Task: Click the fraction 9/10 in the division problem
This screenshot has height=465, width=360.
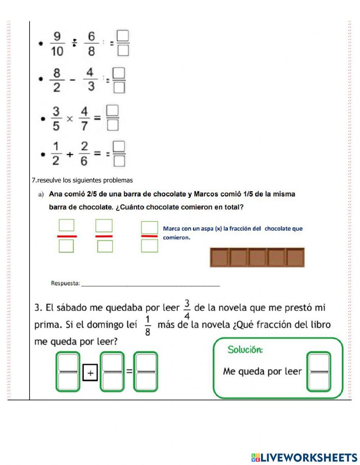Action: (x=57, y=44)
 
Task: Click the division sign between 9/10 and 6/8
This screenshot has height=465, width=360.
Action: (x=74, y=44)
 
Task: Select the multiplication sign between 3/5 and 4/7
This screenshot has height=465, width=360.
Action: (x=69, y=118)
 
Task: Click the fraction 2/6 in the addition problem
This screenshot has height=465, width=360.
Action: (x=84, y=154)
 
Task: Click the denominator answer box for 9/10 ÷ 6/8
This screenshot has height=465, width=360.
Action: (x=123, y=50)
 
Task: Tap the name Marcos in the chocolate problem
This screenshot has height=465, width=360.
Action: (x=206, y=194)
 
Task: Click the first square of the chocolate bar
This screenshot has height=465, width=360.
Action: (x=220, y=258)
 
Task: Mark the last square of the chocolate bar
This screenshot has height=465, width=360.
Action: (x=295, y=258)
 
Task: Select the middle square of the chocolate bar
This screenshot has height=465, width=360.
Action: (x=257, y=258)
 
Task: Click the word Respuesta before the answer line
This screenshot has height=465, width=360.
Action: (x=65, y=283)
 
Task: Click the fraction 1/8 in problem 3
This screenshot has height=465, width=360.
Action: (x=148, y=326)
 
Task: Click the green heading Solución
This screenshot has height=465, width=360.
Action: (x=245, y=349)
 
